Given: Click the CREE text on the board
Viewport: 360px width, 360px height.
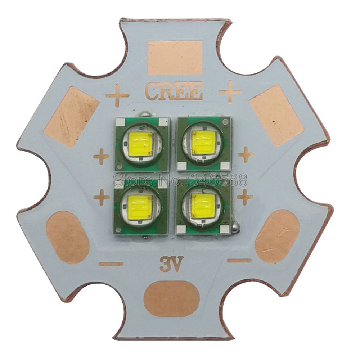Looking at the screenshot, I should point(174,91).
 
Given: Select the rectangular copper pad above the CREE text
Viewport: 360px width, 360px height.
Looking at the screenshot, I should point(175,58).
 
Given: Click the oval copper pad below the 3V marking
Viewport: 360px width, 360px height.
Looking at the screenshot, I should point(171,298).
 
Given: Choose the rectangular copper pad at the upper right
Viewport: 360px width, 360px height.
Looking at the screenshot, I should point(276,115).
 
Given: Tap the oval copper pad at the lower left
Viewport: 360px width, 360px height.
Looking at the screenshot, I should point(68,237).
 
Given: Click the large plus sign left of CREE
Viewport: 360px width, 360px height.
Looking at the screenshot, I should point(117,95).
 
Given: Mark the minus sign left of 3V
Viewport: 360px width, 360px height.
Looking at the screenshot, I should point(111,264).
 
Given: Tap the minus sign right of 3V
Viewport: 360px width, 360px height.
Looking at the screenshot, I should point(239,260).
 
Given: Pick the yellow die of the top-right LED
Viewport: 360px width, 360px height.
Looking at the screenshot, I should point(203,142).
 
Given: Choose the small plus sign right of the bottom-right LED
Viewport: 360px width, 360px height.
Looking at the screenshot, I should point(245,197).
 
